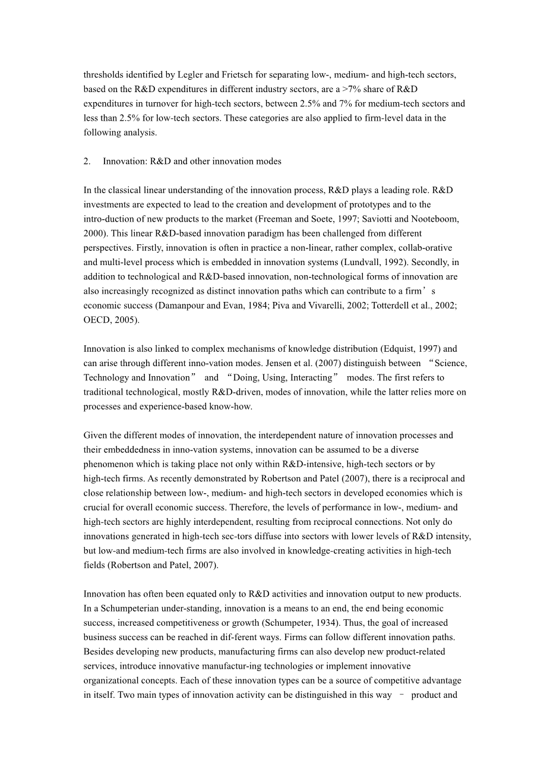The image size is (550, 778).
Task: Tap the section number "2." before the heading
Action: tap(87, 161)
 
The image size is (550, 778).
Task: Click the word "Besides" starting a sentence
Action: tap(98, 651)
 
